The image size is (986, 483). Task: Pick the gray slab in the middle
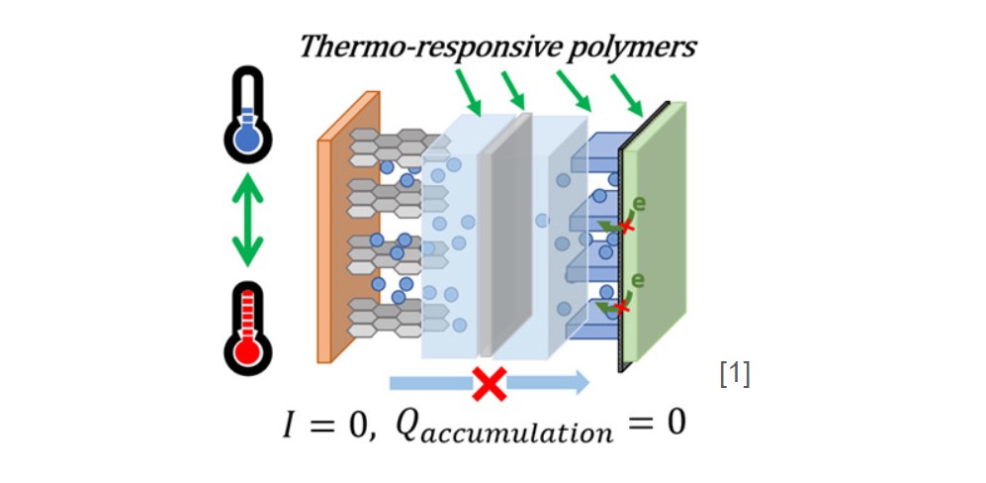[505, 233]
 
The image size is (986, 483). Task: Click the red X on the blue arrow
[489, 382]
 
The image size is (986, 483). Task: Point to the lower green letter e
[638, 279]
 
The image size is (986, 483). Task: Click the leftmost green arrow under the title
[470, 97]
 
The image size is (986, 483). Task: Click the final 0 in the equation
[674, 426]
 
